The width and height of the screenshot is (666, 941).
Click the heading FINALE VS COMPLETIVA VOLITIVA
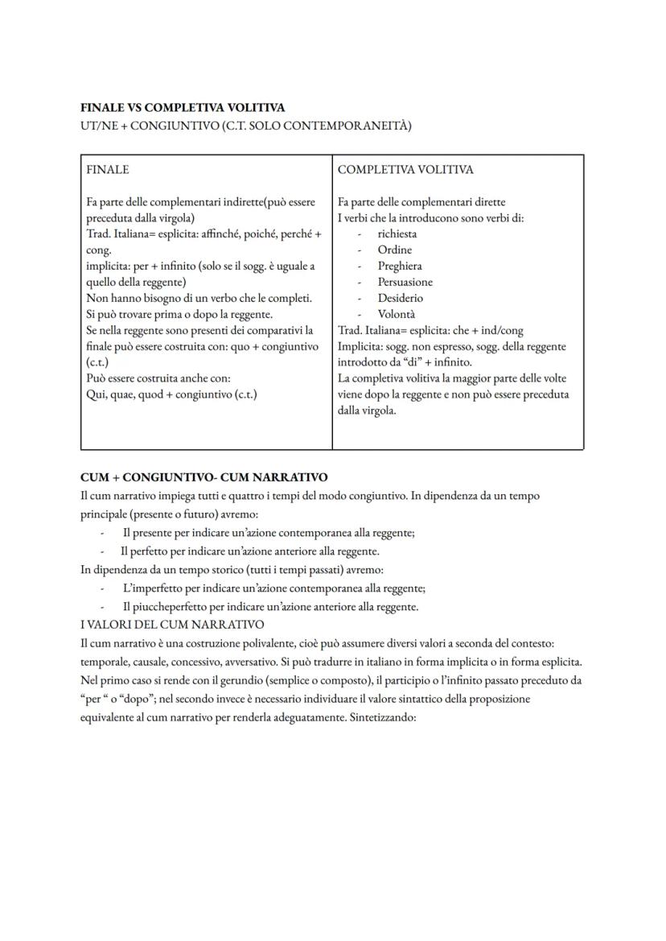[x=183, y=107]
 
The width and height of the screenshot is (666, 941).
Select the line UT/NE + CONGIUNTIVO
[x=246, y=126]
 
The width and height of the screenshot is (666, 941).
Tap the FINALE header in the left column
[x=107, y=170]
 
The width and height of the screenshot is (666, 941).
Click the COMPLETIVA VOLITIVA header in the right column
[x=405, y=170]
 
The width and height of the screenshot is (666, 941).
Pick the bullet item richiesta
[x=397, y=234]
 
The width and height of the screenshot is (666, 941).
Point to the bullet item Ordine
[x=394, y=250]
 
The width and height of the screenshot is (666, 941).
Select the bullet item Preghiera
[x=400, y=266]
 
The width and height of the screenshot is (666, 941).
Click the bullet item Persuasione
[x=405, y=283]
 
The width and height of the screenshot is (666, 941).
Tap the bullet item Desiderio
[x=400, y=299]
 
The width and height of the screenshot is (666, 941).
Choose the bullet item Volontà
[x=397, y=315]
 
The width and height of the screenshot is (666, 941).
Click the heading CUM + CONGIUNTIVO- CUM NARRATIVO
[x=204, y=477]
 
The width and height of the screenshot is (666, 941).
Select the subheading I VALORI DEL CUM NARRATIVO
[x=172, y=625]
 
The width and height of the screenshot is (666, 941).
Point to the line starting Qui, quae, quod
[x=171, y=394]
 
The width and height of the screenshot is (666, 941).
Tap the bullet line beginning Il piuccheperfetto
[x=270, y=607]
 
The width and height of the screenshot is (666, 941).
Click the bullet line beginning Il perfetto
[x=249, y=551]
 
